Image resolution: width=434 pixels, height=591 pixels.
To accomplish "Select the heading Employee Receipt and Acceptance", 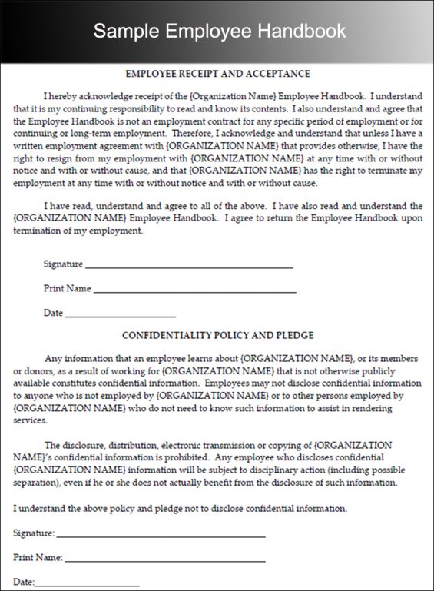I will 217,74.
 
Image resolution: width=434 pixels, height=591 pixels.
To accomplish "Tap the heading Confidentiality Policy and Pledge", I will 217,335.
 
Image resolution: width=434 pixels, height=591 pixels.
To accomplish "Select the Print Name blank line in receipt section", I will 194,291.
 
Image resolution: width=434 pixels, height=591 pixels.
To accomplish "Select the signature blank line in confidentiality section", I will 161,535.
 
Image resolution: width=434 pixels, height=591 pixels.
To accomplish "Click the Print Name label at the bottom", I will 38,558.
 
